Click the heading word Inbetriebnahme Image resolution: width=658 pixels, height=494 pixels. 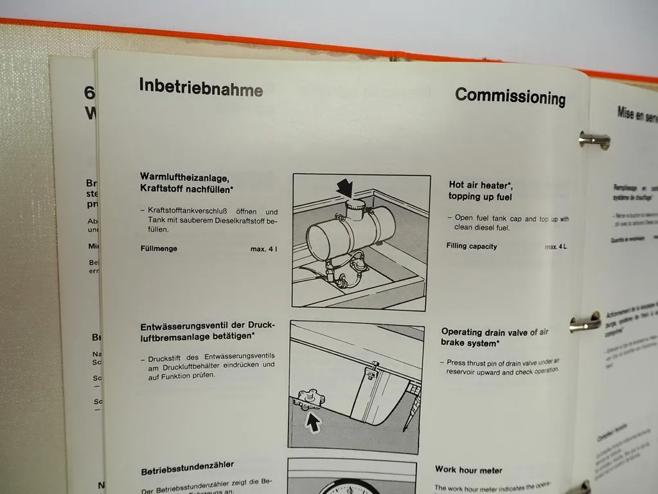pyautogui.click(x=200, y=87)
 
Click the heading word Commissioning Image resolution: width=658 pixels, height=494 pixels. pyautogui.click(x=510, y=96)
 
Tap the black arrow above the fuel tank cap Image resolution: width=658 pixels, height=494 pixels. pyautogui.click(x=346, y=187)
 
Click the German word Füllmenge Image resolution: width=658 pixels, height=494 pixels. pyautogui.click(x=159, y=248)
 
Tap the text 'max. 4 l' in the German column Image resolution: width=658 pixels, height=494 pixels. pyautogui.click(x=264, y=250)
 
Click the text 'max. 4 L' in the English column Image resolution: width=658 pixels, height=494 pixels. pyautogui.click(x=556, y=247)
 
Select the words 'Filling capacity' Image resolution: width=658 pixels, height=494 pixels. pyautogui.click(x=472, y=246)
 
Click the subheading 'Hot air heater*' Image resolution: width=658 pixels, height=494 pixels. pyautogui.click(x=481, y=185)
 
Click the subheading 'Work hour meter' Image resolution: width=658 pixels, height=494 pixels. pyautogui.click(x=468, y=470)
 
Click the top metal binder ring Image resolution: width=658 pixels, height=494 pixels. pyautogui.click(x=592, y=140)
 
